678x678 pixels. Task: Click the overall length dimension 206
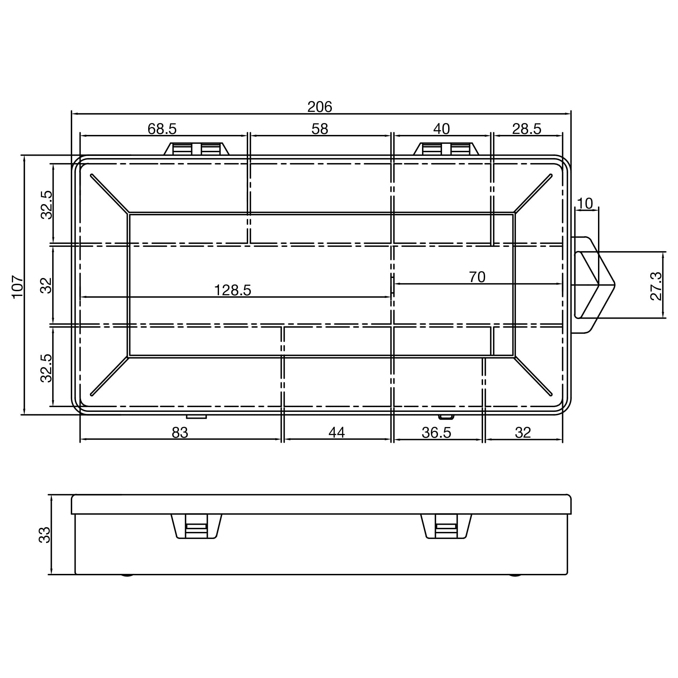click(x=319, y=107)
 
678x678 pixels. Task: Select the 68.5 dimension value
click(x=162, y=129)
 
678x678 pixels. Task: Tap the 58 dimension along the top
click(x=319, y=129)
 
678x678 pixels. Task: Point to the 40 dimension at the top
click(x=441, y=129)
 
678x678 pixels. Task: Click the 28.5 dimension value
click(x=526, y=129)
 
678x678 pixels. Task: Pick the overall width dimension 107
click(x=18, y=287)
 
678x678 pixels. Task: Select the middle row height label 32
click(x=46, y=285)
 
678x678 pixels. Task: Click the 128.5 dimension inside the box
click(x=232, y=290)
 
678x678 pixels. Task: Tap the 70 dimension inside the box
click(x=477, y=277)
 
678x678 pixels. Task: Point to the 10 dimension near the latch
click(x=585, y=203)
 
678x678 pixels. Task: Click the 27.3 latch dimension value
click(x=656, y=286)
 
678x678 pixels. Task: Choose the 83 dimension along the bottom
click(x=180, y=433)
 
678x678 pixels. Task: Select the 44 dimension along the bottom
click(x=337, y=433)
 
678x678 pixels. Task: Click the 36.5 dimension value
click(x=436, y=433)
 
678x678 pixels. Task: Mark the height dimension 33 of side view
click(x=44, y=535)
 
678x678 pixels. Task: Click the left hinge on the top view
click(x=196, y=149)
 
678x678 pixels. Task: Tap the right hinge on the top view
click(x=446, y=149)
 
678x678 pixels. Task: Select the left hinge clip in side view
click(x=196, y=526)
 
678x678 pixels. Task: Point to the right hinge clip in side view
click(x=446, y=526)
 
